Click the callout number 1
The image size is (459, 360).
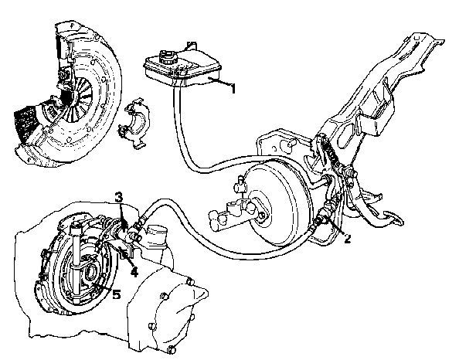pyautogui.click(x=233, y=89)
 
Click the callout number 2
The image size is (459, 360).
pyautogui.click(x=348, y=239)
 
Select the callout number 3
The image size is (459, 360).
pyautogui.click(x=118, y=197)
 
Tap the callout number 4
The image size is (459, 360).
pyautogui.click(x=134, y=272)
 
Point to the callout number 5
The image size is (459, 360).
pyautogui.click(x=117, y=294)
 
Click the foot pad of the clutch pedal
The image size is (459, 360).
pyautogui.click(x=393, y=217)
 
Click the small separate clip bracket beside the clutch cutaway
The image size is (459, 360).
pyautogui.click(x=134, y=124)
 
